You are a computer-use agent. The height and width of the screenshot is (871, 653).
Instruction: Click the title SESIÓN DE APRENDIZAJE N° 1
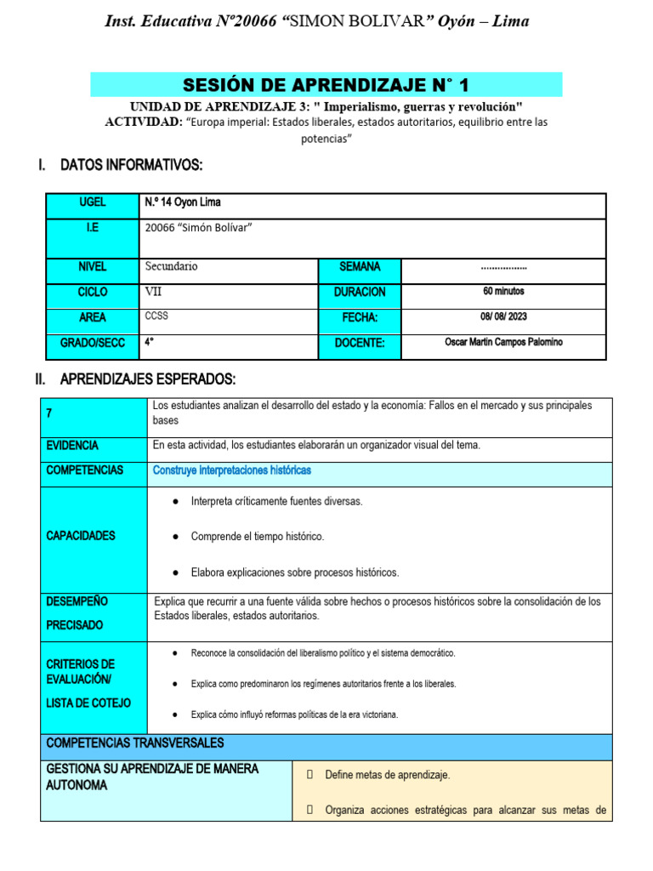point(326,85)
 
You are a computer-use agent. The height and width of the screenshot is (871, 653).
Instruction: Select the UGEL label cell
point(92,203)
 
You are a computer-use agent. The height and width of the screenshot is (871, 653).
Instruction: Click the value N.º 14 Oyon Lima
point(183,202)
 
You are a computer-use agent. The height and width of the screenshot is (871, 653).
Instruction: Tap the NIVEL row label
point(92,267)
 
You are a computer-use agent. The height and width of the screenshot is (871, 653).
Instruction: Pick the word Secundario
point(171,266)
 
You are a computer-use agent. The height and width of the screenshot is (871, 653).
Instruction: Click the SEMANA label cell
point(360,267)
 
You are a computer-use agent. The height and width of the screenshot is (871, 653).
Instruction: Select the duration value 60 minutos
point(503,292)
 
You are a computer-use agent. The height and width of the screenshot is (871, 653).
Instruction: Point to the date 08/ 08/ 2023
point(503,317)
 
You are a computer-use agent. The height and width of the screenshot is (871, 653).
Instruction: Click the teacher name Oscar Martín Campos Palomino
point(503,343)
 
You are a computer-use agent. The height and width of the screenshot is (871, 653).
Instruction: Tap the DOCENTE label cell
point(360,344)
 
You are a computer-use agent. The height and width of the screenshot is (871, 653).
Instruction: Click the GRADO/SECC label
point(92,344)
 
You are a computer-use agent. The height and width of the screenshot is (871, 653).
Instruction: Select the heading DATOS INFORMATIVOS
point(131,165)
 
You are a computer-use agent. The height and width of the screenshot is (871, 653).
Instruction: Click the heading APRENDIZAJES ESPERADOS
point(148,379)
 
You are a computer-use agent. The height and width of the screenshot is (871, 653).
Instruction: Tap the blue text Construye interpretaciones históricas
point(231,470)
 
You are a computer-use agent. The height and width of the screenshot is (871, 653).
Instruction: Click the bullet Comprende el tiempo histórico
point(257,537)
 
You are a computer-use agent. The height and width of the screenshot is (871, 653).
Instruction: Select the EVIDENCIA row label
point(73,446)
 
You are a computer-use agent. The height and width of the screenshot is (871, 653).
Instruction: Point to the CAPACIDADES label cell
point(81,536)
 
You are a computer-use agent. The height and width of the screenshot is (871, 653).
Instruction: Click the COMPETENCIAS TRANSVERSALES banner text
point(135,743)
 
